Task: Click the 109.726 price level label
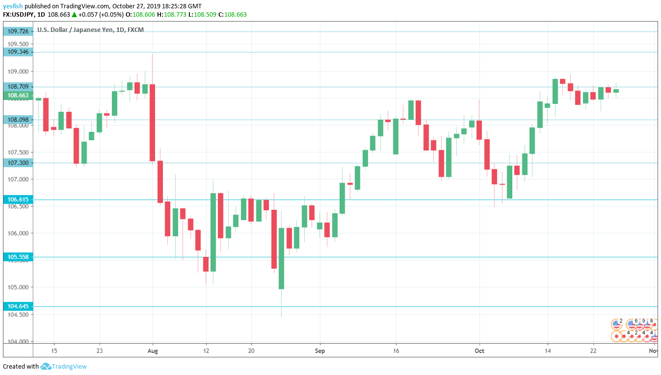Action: tap(18, 31)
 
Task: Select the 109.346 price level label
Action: tap(18, 51)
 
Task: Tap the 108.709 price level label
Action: tap(18, 87)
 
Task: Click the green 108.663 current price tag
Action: tap(18, 96)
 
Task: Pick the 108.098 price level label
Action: tap(18, 120)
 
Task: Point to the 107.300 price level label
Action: tap(18, 163)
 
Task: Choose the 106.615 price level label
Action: tap(18, 200)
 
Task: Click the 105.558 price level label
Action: tap(18, 257)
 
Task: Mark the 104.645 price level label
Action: tap(18, 306)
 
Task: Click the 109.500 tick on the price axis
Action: tap(18, 44)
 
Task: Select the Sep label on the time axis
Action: tap(320, 350)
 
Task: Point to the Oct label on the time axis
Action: tap(479, 350)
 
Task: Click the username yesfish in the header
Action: tap(12, 6)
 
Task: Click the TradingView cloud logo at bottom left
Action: tap(46, 366)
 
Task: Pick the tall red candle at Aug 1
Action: tap(153, 123)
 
